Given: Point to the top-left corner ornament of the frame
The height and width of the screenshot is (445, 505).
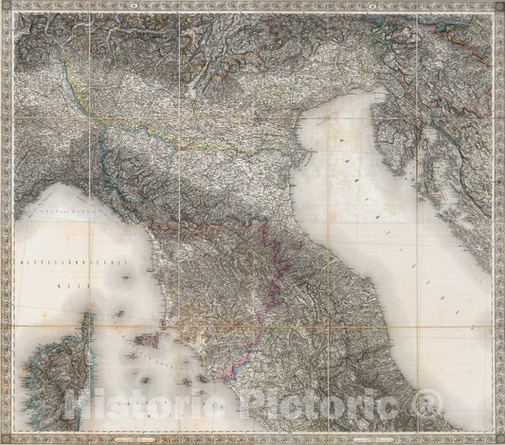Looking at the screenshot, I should coord(6,6).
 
